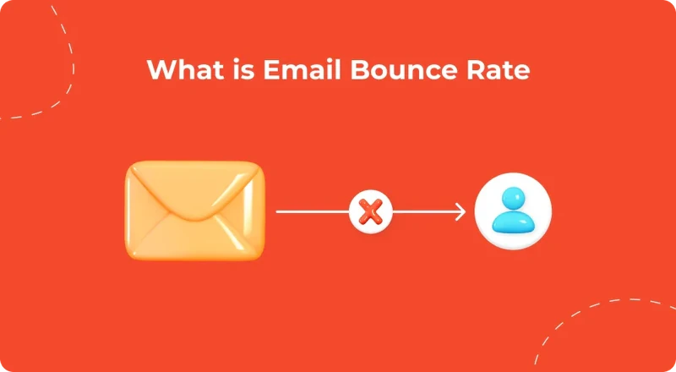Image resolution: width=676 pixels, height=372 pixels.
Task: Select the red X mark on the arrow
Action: coord(370,211)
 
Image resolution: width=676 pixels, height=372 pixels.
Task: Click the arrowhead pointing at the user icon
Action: coord(460,211)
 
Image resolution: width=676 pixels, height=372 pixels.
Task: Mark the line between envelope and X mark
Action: coord(313,211)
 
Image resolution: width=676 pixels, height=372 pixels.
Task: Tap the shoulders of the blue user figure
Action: coord(513,225)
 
